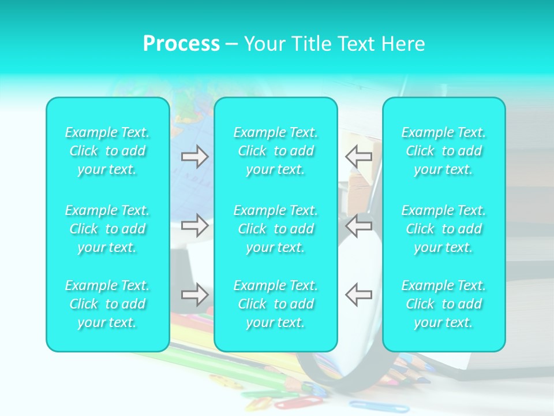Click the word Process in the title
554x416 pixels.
(x=181, y=44)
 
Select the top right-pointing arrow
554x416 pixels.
(x=195, y=157)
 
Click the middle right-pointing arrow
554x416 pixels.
(x=195, y=225)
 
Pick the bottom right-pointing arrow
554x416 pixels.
(x=195, y=295)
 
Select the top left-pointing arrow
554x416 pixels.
(x=359, y=157)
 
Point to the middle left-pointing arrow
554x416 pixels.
(x=359, y=225)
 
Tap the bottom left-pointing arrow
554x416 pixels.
(x=359, y=295)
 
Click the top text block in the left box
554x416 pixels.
(x=107, y=151)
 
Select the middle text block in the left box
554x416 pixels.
(x=107, y=229)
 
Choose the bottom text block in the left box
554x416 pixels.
(x=107, y=304)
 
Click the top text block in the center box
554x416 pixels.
(x=276, y=151)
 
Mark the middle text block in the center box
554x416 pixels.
(x=276, y=229)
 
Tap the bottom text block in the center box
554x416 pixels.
(x=276, y=304)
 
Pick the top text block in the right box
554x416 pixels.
(x=444, y=151)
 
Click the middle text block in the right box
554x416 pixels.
(x=444, y=229)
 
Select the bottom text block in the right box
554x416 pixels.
(x=444, y=304)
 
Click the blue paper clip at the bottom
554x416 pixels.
(x=369, y=405)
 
